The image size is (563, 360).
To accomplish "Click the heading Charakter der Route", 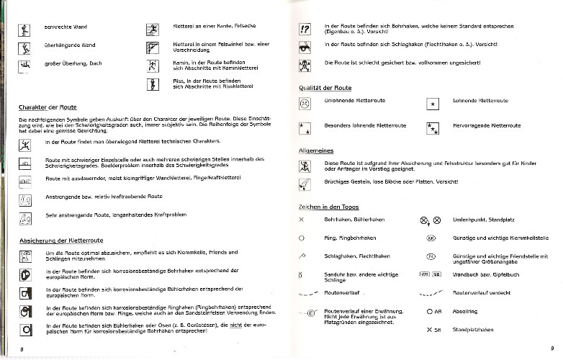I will coord(48,107).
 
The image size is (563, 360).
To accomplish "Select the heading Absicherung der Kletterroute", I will coord(62,240).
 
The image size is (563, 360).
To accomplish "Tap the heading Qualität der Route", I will coord(325,87).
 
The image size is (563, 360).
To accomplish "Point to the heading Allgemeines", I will coord(315,151).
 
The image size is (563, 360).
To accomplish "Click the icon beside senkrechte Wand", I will coord(25,30).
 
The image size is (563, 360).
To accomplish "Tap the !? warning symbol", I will coord(304,30).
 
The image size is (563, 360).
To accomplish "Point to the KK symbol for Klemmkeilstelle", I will coord(432,237).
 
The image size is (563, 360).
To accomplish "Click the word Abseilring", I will coord(465,312).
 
